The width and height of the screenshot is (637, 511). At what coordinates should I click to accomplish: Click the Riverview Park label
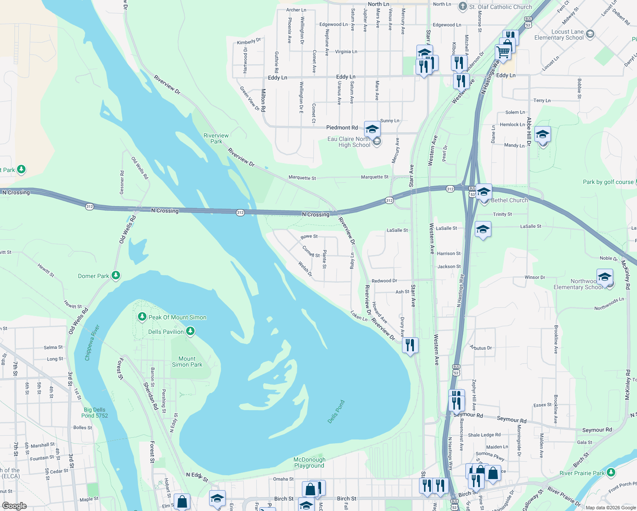click(x=216, y=138)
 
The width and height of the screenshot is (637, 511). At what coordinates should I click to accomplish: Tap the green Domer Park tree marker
click(x=116, y=276)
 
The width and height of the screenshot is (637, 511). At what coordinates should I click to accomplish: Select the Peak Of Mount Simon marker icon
click(x=142, y=317)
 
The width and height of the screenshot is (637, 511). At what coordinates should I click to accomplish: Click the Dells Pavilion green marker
click(x=190, y=331)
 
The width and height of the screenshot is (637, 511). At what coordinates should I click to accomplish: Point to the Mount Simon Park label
click(x=187, y=362)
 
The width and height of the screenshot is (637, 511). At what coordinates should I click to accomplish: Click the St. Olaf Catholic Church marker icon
click(x=463, y=6)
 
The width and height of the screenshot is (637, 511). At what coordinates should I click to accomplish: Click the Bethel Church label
click(x=509, y=200)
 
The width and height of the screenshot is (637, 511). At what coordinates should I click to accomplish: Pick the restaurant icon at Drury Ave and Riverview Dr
click(x=410, y=344)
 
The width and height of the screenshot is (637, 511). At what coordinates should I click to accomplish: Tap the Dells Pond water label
click(x=336, y=411)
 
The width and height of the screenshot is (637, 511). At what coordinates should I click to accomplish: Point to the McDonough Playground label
click(x=310, y=462)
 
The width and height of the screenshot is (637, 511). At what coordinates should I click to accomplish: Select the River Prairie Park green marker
click(x=611, y=472)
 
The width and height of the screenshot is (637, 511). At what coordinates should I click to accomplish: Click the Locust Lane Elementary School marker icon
click(x=590, y=34)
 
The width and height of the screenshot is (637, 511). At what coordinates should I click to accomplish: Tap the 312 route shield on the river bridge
click(x=240, y=212)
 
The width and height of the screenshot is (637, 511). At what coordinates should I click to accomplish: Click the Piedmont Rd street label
click(x=342, y=127)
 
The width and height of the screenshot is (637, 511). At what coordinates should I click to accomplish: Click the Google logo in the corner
click(x=14, y=506)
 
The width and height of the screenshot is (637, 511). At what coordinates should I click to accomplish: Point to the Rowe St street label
click(x=309, y=236)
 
